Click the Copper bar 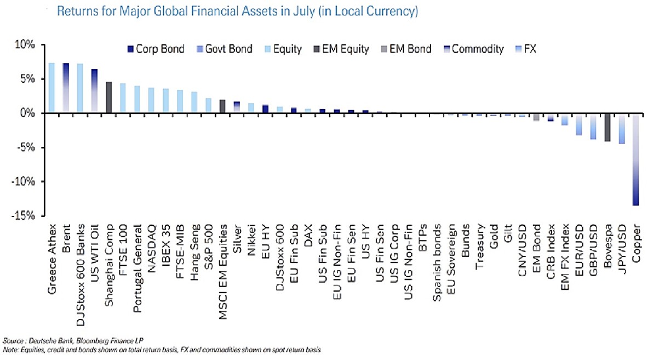tap(635, 159)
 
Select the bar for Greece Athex tap(51, 88)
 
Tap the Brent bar tap(66, 88)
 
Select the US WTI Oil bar tap(94, 91)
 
